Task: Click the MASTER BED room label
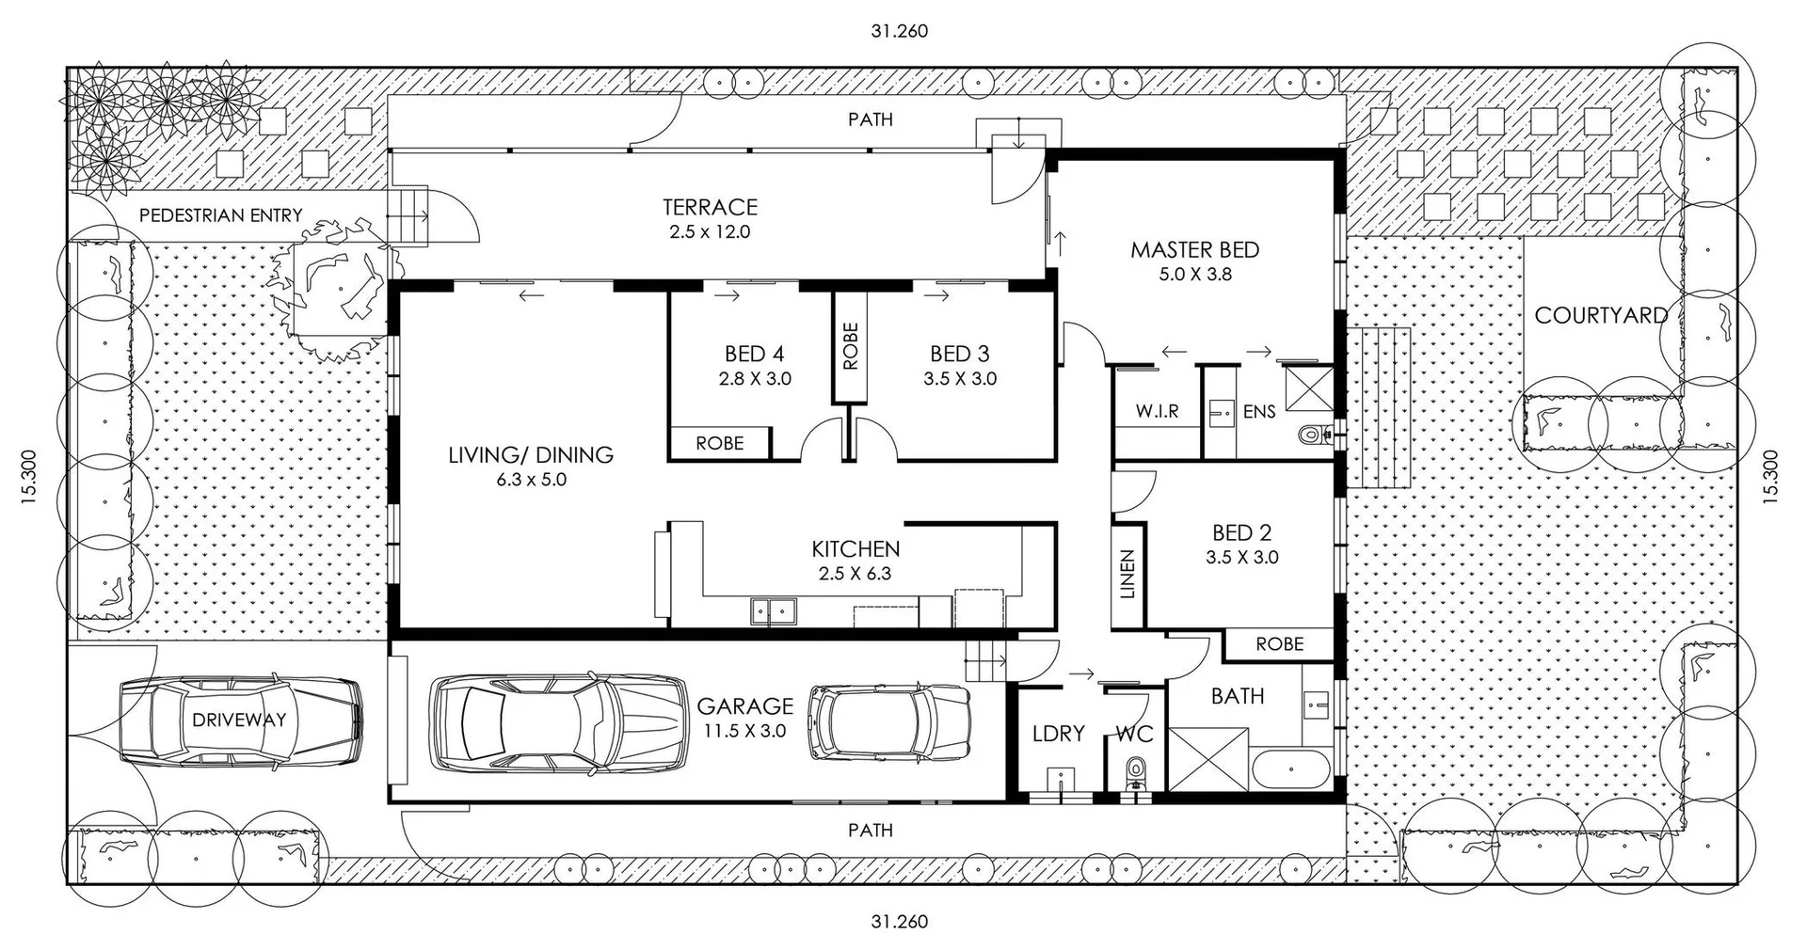click(1194, 250)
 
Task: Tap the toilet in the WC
click(1137, 774)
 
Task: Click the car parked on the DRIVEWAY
click(240, 720)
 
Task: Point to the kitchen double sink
click(773, 611)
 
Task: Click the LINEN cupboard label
click(1127, 574)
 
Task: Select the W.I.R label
click(1157, 411)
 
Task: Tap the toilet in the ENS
click(1312, 435)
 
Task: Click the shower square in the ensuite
click(1308, 389)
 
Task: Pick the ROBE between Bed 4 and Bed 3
click(850, 346)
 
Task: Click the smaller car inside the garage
click(889, 722)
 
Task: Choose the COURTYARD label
click(1600, 315)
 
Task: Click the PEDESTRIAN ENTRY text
click(220, 215)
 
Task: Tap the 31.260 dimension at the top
click(899, 31)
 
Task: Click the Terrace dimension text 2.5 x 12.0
click(710, 231)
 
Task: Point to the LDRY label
click(1058, 733)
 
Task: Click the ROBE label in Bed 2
click(1279, 644)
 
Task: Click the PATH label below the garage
click(870, 831)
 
